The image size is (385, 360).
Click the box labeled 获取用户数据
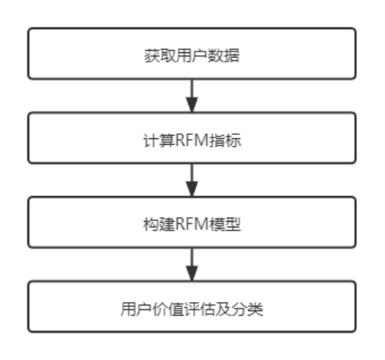pos(192,54)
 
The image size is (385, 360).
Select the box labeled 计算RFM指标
pos(192,138)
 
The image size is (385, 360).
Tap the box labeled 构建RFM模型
pos(192,223)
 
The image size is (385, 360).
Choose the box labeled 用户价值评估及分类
pos(192,307)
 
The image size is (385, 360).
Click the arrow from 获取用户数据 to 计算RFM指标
pos(192,96)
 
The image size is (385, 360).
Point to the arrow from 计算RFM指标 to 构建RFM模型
pos(192,180)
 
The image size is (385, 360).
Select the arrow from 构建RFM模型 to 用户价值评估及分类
pos(192,264)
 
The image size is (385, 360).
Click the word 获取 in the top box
pos(160,55)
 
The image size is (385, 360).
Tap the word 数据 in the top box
pos(223,55)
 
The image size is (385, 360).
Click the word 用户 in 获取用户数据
pos(192,55)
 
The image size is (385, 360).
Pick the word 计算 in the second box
pos(159,140)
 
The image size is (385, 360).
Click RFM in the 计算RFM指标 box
pos(192,140)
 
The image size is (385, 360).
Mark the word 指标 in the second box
pos(225,140)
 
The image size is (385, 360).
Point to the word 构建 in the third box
pos(159,224)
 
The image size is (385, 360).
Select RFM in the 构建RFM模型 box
pos(192,224)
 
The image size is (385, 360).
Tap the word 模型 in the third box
pos(225,224)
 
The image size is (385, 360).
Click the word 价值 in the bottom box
pos(168,309)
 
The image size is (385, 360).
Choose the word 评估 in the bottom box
pos(200,309)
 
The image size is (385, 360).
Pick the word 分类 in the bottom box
pos(248,309)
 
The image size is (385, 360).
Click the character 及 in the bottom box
pos(223,309)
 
